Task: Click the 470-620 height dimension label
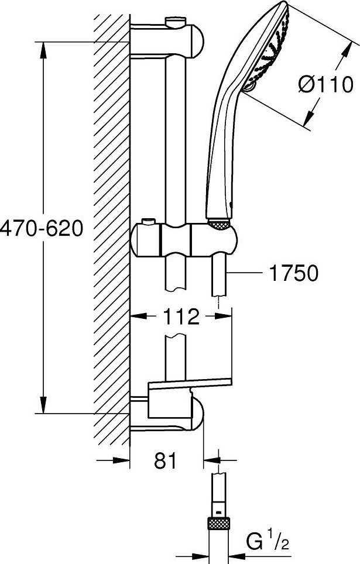[x=42, y=228]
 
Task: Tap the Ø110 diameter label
[x=325, y=85]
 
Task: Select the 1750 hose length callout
[x=289, y=273]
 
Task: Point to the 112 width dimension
[x=181, y=317]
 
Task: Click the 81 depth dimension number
[x=166, y=460]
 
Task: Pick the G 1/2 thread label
[x=268, y=542]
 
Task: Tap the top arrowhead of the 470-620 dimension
[x=43, y=50]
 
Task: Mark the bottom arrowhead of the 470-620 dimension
[x=43, y=405]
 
